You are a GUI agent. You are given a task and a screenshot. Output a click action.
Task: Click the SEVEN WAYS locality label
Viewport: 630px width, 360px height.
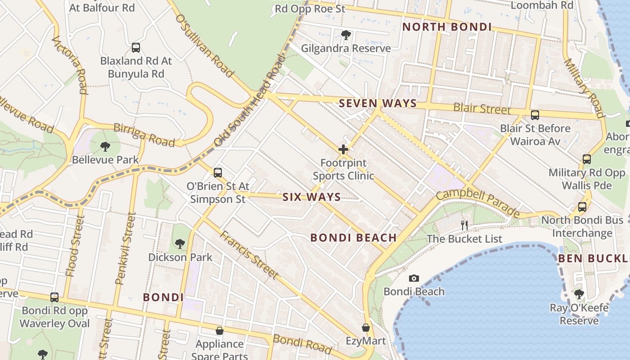tap(378, 103)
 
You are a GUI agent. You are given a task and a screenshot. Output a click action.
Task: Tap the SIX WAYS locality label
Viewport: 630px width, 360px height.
tap(311, 197)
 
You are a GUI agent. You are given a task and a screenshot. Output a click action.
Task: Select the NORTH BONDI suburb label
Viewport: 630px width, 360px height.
tap(447, 27)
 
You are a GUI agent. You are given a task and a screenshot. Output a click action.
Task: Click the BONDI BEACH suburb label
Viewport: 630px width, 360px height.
tap(354, 238)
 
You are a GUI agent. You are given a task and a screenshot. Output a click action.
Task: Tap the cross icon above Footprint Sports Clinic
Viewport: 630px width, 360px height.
tap(343, 149)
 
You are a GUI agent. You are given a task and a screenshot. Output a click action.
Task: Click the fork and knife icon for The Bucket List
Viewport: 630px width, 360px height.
tap(464, 225)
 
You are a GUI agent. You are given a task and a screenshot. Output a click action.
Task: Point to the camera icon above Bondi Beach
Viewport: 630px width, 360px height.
tap(414, 279)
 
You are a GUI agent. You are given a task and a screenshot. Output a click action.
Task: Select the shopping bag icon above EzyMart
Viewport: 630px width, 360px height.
tap(366, 328)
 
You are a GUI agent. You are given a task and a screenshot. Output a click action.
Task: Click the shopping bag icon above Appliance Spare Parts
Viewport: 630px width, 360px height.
tap(220, 331)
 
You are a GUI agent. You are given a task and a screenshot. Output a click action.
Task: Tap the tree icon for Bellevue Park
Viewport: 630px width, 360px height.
tap(105, 146)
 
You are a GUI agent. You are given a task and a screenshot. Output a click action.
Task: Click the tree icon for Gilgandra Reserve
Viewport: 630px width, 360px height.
tap(346, 35)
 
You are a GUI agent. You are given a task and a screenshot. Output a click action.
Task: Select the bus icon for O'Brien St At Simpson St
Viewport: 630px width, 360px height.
tap(218, 172)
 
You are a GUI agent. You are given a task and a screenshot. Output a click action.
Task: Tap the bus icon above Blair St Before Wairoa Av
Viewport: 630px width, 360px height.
tap(535, 115)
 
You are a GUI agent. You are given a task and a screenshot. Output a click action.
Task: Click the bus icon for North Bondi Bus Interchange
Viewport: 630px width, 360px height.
tap(582, 207)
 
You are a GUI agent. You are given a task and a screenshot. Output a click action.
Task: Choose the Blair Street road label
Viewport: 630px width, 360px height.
tap(482, 108)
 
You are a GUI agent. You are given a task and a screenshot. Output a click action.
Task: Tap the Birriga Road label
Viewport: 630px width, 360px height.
tap(144, 135)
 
